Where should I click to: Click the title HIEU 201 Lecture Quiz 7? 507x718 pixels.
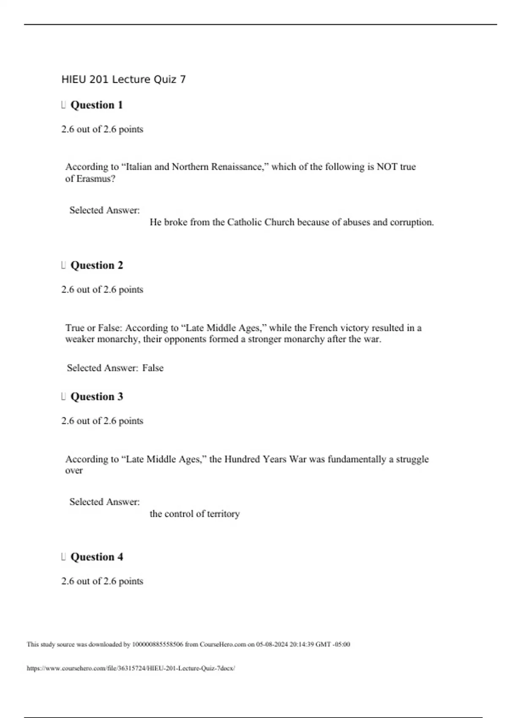point(123,79)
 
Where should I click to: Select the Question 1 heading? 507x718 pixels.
point(96,105)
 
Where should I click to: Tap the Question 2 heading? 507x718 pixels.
point(96,266)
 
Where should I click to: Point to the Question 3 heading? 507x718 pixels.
point(96,397)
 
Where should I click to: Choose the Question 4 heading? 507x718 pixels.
point(96,557)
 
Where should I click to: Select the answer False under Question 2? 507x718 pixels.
point(153,368)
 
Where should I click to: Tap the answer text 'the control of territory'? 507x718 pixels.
point(194,514)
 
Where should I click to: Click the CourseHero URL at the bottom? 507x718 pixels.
point(131,668)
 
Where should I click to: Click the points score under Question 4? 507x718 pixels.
point(102,581)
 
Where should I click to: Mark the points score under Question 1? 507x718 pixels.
point(102,129)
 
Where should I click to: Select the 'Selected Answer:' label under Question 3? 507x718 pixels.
point(104,502)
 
